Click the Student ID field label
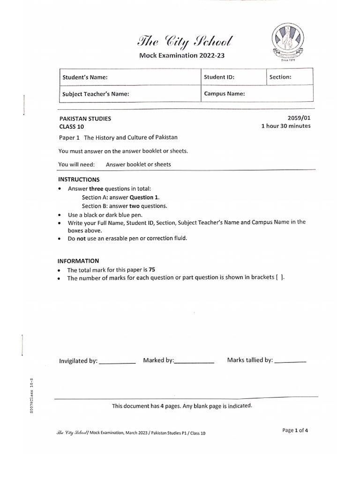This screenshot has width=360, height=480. tap(219, 77)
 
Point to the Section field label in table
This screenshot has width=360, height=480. tap(280, 77)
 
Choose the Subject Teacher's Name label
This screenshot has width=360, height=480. tap(96, 94)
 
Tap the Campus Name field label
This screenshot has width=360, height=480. tap(225, 94)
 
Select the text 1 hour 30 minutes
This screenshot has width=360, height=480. tap(285, 126)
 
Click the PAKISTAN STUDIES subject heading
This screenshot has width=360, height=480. tap(85, 119)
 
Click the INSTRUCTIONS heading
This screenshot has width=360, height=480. tap(79, 180)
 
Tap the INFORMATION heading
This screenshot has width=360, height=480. tap(78, 261)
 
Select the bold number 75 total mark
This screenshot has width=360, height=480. tap(152, 270)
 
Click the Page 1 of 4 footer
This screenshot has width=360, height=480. tap(295, 430)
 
